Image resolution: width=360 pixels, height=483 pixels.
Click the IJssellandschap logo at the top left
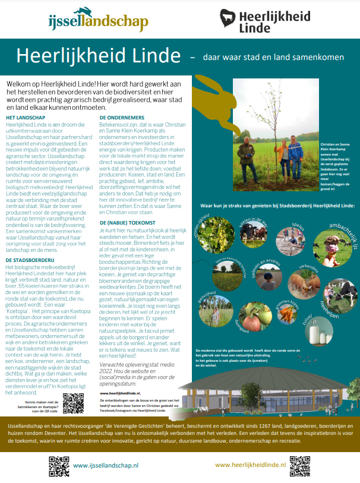coord(98,19)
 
